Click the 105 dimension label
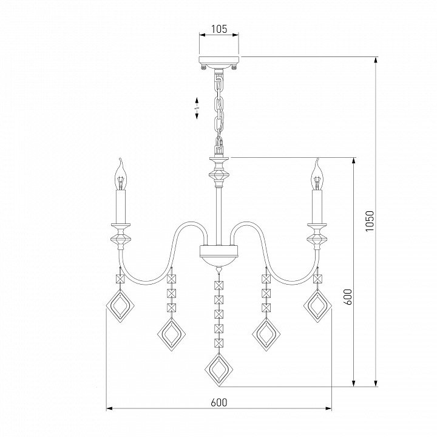click(219, 29)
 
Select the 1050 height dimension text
click(369, 221)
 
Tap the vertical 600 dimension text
click(348, 297)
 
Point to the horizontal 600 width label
click(219, 402)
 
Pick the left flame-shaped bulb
click(121, 174)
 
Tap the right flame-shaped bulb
click(317, 174)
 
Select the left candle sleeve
click(121, 206)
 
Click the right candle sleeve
click(317, 206)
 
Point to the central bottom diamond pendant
click(218, 369)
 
